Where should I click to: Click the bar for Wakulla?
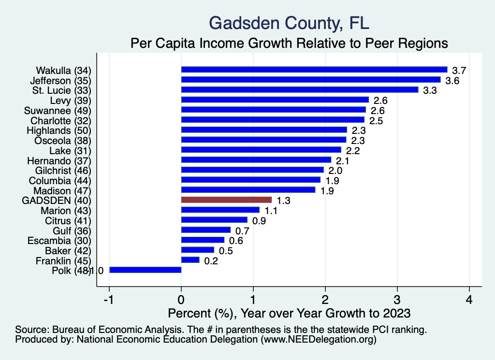click(x=314, y=70)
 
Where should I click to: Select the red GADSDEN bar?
click(x=226, y=200)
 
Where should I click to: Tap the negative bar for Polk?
click(x=145, y=270)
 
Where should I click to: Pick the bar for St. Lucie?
click(x=300, y=89)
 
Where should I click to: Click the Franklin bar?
click(x=190, y=260)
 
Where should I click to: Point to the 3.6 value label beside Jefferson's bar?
click(x=452, y=80)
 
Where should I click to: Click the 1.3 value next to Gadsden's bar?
click(x=283, y=200)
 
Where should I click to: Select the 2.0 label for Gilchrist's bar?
click(x=335, y=170)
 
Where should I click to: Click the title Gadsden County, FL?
click(x=289, y=23)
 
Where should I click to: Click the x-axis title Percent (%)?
click(x=289, y=313)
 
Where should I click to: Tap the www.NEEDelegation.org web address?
click(x=319, y=340)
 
